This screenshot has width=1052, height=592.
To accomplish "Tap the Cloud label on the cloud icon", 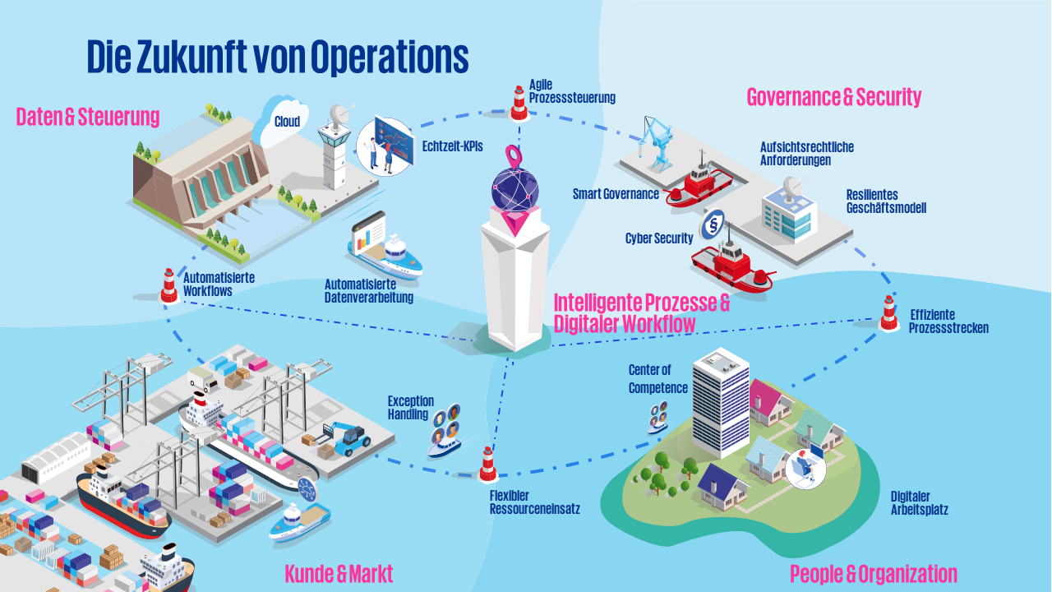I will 287,122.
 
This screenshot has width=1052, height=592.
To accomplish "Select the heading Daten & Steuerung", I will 88,117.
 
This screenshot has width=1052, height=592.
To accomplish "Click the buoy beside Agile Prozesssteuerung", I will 519,100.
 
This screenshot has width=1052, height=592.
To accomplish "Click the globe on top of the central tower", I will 515,187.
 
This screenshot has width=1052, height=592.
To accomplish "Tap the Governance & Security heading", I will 833,97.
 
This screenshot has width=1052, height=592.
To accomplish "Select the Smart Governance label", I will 616,195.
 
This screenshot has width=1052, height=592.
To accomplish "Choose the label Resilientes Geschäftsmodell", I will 886,201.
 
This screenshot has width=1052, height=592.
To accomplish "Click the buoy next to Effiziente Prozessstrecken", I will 888,312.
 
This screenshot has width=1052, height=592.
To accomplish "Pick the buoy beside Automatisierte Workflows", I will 169,285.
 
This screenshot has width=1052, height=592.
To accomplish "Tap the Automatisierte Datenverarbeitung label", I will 368,290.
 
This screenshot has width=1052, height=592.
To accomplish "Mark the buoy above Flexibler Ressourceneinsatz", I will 488,464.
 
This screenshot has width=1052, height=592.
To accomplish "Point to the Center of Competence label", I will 657,379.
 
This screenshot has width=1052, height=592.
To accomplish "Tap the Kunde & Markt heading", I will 339,573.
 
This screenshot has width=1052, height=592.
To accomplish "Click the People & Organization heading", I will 873,573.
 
